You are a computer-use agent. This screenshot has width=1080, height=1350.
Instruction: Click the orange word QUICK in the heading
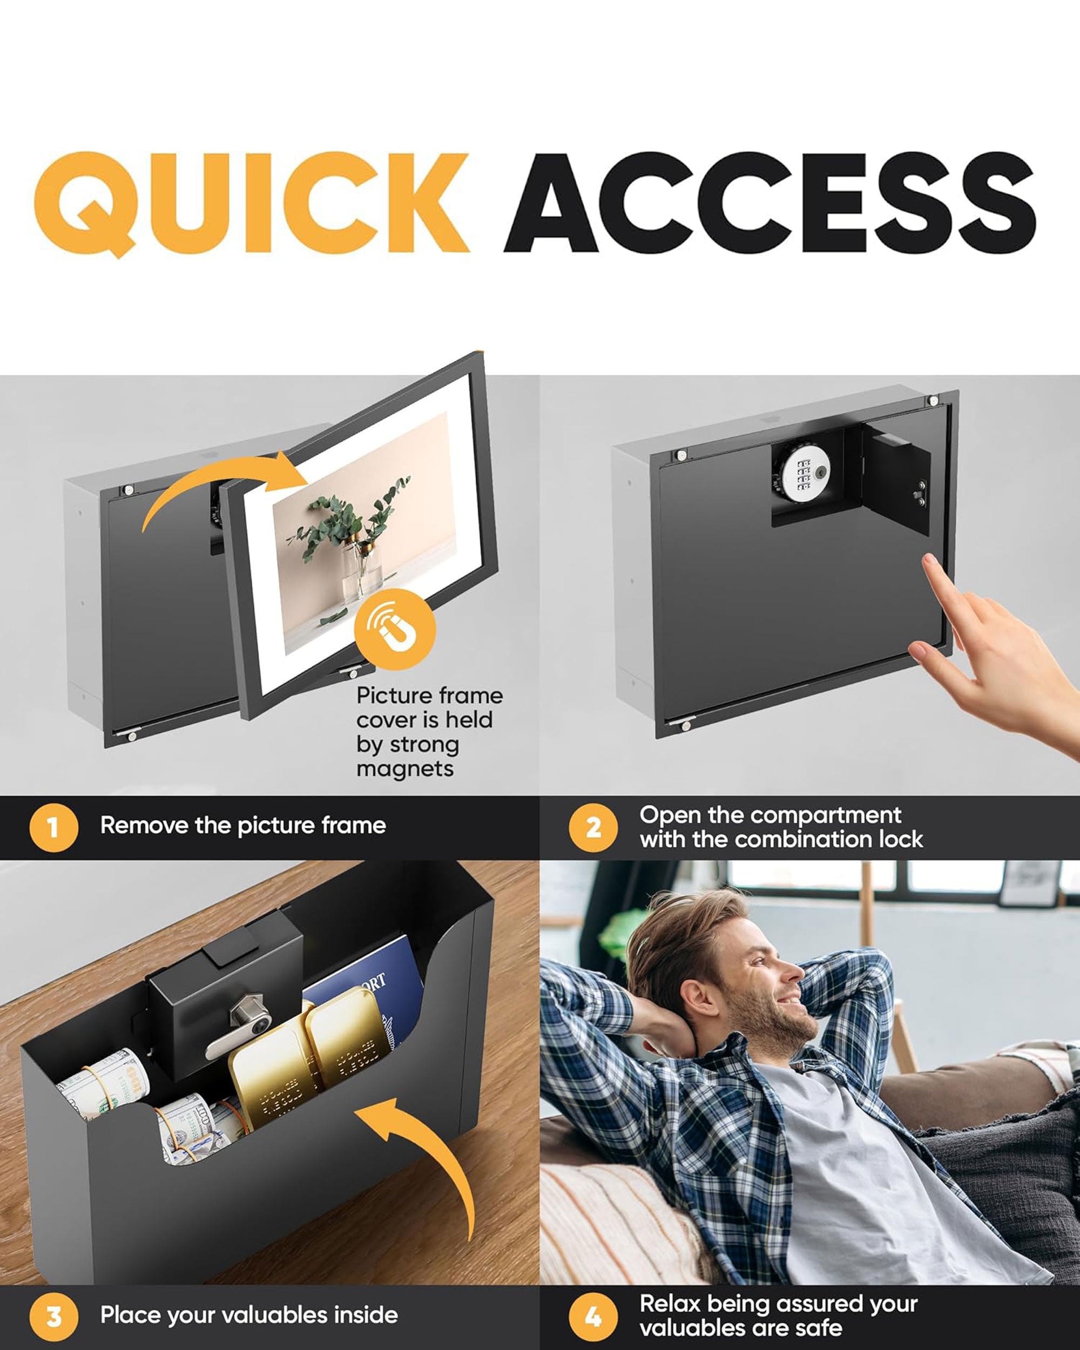(x=252, y=204)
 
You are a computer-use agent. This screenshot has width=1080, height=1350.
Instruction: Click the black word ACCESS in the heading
(x=771, y=203)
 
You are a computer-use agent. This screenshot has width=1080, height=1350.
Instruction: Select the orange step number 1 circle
(x=54, y=827)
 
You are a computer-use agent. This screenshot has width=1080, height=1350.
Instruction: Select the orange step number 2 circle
(x=593, y=827)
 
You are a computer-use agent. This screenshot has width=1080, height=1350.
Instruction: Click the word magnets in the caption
(x=405, y=768)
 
